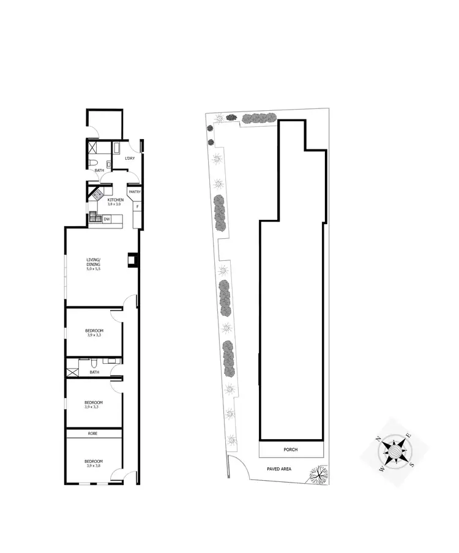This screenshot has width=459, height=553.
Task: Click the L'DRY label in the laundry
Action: click(129, 159)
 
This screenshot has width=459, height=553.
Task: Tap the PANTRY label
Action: click(135, 192)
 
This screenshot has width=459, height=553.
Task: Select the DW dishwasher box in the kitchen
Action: click(106, 219)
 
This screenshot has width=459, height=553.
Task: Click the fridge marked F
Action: click(137, 206)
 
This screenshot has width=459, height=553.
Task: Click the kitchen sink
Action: click(94, 216)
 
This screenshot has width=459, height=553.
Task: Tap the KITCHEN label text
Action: click(116, 200)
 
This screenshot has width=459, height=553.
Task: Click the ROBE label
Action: click(93, 434)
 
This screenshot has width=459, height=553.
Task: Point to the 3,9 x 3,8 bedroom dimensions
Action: click(94, 466)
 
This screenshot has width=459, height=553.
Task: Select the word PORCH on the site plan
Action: click(291, 450)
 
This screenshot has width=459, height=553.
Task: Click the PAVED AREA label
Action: click(279, 469)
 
